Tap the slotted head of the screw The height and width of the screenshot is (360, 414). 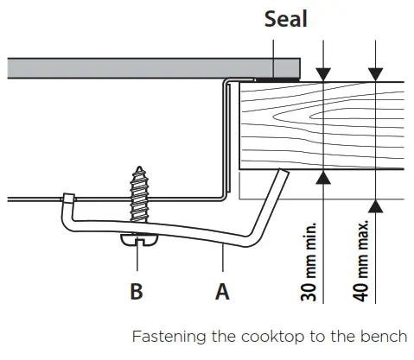tap(138, 239)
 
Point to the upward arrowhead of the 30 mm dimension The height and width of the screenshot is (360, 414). tap(322, 177)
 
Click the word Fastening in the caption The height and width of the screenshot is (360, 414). tap(165, 337)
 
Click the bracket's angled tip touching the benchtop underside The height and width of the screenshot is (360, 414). tap(281, 175)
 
